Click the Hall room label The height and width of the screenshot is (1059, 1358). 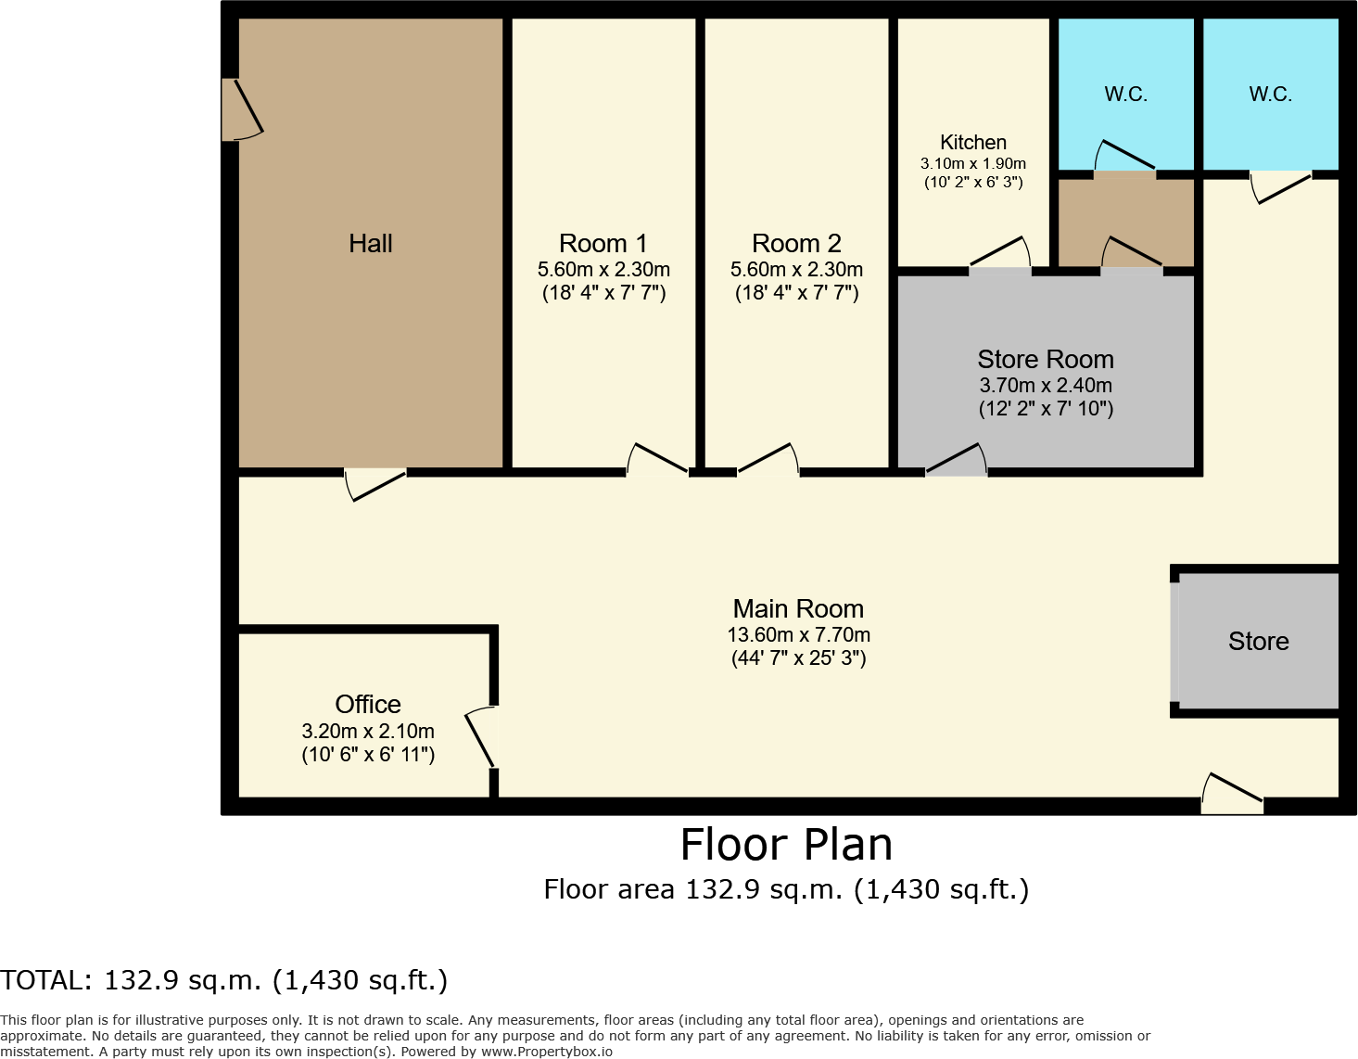point(370,244)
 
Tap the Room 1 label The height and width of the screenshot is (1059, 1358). point(603,244)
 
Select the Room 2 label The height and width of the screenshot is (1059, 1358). point(796,244)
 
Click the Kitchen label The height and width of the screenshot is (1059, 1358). point(972,142)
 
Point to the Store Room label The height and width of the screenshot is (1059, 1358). point(1045,360)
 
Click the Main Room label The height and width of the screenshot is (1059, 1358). point(798,609)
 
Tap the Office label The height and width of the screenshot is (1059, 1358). point(368,705)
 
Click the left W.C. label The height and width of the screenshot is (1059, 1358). point(1125,95)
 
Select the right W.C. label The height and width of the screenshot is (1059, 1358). point(1270,95)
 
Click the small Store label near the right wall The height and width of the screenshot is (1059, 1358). point(1258,642)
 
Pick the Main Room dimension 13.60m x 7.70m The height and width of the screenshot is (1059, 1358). point(798,635)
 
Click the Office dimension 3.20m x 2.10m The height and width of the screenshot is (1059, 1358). point(368,732)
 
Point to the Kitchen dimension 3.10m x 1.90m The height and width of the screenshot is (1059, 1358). point(972,164)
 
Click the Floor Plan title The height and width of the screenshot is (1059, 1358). point(786,845)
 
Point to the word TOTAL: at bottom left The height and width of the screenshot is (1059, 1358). point(45,980)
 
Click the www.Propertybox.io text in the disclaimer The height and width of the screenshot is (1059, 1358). point(546,1052)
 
